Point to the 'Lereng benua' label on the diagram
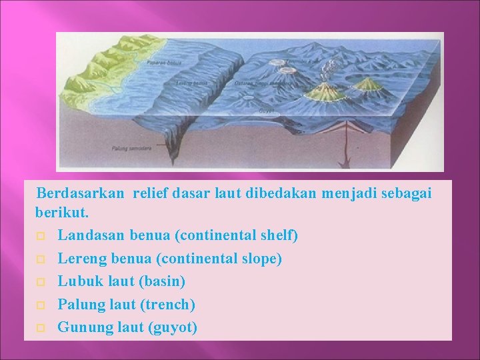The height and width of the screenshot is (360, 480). click(192, 84)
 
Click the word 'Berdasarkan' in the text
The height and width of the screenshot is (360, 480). click(80, 193)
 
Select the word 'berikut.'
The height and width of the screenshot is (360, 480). click(59, 215)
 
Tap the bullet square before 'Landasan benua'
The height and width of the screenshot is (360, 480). click(41, 237)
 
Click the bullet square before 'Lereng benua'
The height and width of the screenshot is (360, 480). click(41, 259)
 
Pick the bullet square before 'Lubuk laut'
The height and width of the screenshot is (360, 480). click(41, 282)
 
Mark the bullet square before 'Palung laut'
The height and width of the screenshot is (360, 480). click(41, 305)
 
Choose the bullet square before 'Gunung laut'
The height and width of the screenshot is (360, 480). click(41, 328)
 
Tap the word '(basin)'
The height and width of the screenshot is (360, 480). click(161, 281)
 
